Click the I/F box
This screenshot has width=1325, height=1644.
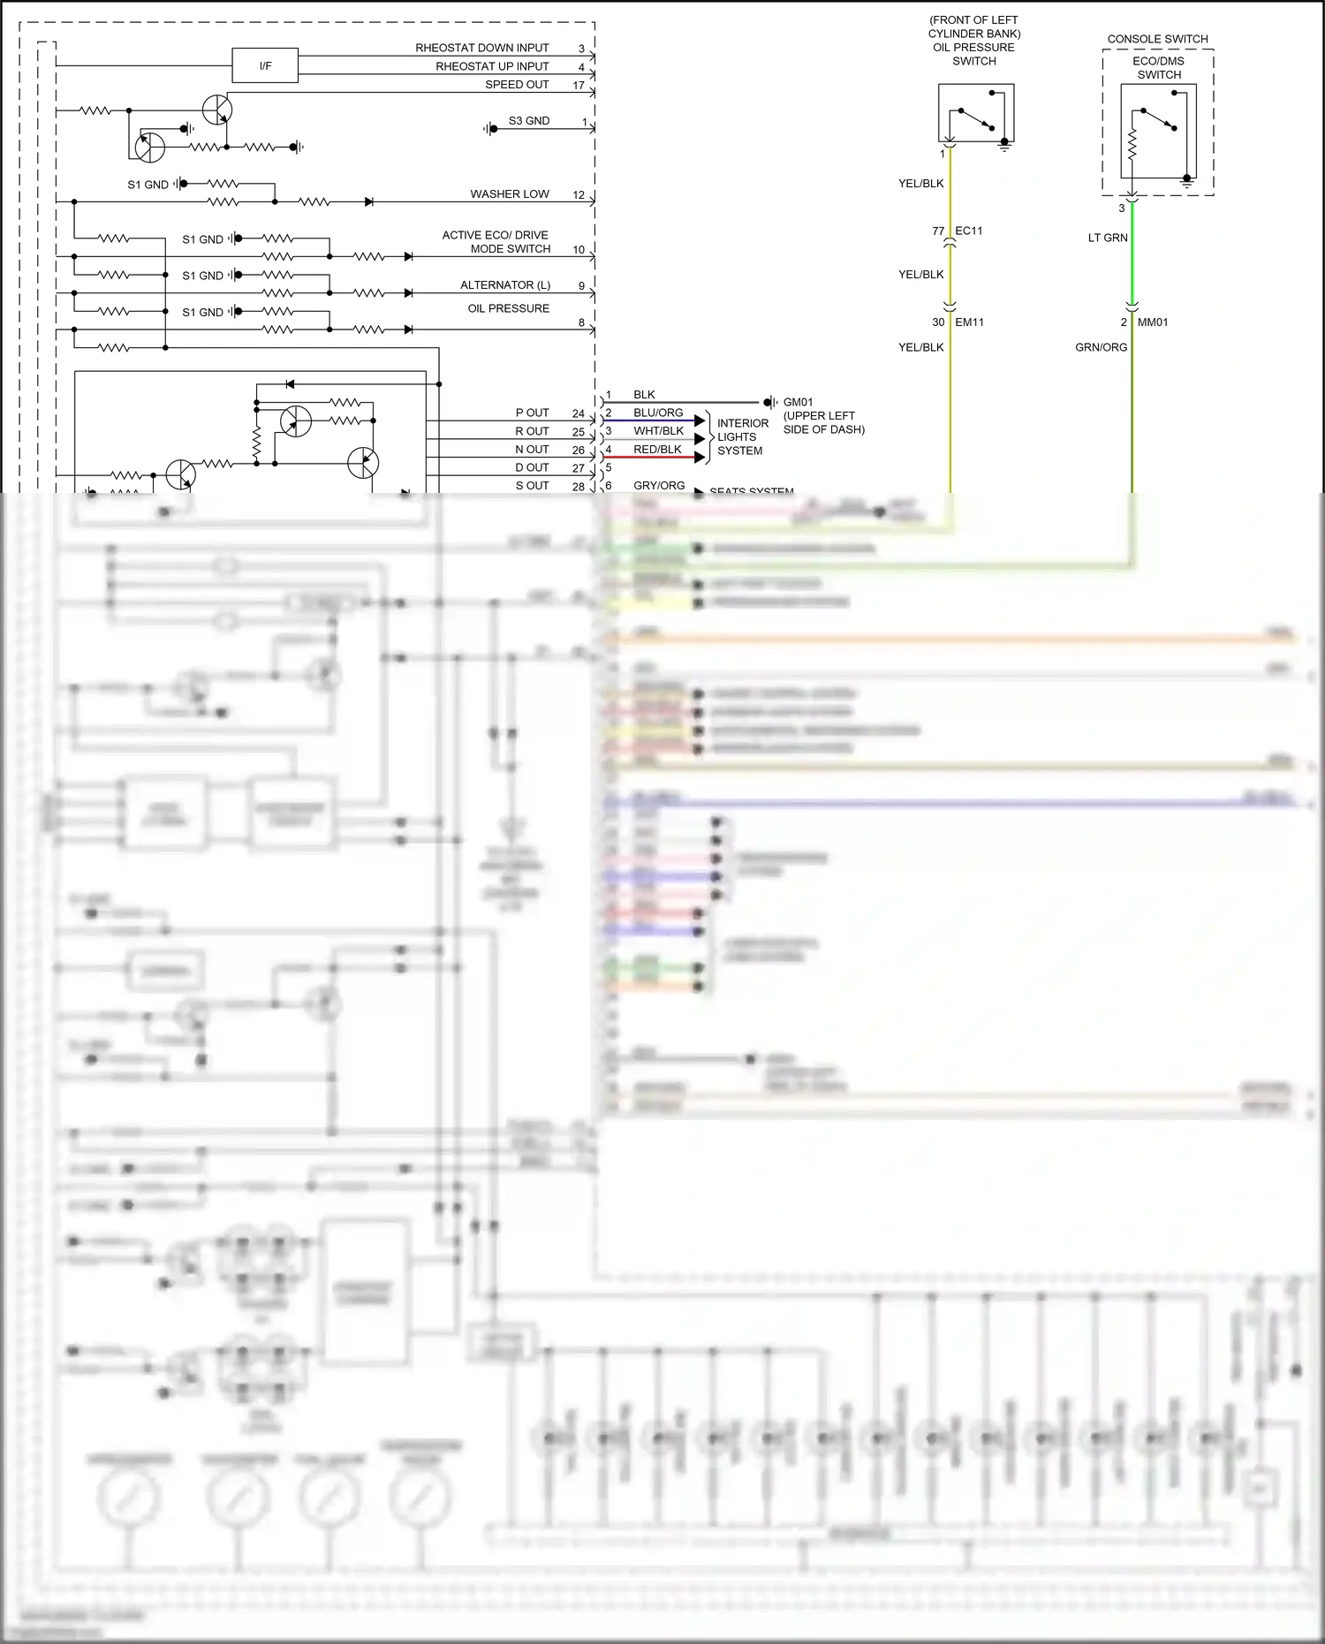[x=265, y=66]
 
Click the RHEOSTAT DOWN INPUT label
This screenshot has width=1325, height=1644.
[x=481, y=48]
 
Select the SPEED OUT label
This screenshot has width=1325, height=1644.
[x=517, y=85]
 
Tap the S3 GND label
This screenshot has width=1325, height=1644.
[x=528, y=121]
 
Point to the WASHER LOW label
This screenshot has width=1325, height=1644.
[x=509, y=194]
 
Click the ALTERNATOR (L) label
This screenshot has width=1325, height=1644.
[x=504, y=285]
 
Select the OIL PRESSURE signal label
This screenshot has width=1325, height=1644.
[x=508, y=308]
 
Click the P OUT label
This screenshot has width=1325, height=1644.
[x=532, y=413]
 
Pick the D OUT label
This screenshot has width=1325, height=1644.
[x=532, y=467]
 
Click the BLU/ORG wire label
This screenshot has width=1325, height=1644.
[x=657, y=413]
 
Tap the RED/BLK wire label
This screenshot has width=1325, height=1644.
[x=657, y=450]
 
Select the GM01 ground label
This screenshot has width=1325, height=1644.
[x=798, y=402]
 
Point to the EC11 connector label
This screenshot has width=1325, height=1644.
[x=968, y=231]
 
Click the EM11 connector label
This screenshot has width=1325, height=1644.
[x=969, y=322]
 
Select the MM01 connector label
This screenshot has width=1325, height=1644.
[x=1152, y=322]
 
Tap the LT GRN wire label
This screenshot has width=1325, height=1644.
[x=1108, y=238]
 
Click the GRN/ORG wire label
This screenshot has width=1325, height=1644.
[x=1101, y=347]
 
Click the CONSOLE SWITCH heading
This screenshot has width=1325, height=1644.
[x=1157, y=39]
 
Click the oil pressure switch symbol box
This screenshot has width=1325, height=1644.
[x=975, y=112]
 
